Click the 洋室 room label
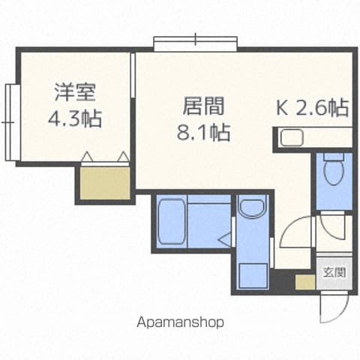click(x=75, y=92)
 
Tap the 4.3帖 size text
click(x=75, y=118)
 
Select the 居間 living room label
click(x=203, y=106)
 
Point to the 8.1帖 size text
click(x=203, y=132)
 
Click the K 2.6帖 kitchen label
click(x=312, y=108)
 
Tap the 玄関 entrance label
click(x=334, y=272)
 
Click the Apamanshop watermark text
click(x=180, y=322)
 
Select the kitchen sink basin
click(x=292, y=138)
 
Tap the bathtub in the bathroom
click(x=172, y=221)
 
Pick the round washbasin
click(x=252, y=207)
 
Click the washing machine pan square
click(x=253, y=275)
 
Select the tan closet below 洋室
click(x=105, y=183)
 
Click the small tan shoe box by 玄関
click(x=305, y=283)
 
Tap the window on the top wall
click(x=196, y=43)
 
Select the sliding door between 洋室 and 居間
click(x=133, y=75)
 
